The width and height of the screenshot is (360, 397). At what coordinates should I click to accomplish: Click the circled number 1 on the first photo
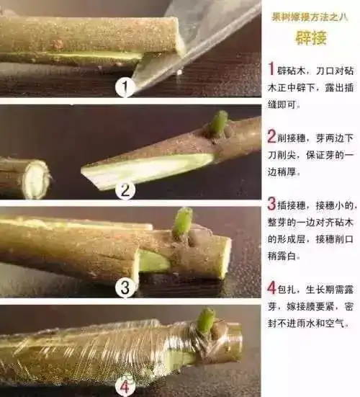(126, 89)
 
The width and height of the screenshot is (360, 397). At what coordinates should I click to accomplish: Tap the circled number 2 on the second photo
(125, 190)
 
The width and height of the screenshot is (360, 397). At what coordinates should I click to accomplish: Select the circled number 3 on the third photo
(126, 287)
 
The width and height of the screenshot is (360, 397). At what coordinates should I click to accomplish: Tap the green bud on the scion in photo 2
(219, 122)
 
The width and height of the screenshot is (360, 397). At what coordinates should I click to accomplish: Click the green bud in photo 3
(184, 221)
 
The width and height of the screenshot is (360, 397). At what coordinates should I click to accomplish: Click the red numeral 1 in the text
(271, 69)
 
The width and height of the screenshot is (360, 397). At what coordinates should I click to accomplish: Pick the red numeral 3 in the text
(271, 205)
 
